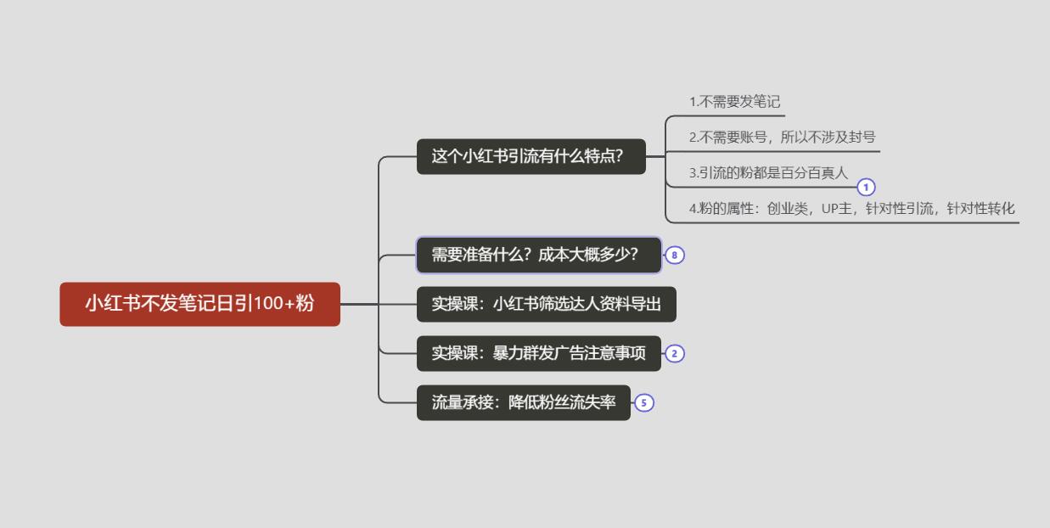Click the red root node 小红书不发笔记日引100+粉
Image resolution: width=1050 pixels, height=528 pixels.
[x=199, y=304]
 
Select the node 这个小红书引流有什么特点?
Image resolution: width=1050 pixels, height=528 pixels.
[x=531, y=156]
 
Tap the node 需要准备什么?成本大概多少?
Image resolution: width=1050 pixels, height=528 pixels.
[x=539, y=255]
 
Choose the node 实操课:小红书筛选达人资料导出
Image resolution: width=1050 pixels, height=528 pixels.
[x=547, y=304]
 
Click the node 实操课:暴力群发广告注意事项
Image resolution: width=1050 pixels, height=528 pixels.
[x=539, y=353]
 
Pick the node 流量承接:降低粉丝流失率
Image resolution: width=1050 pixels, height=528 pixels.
[x=524, y=402]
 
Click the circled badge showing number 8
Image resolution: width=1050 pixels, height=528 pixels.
[x=675, y=256]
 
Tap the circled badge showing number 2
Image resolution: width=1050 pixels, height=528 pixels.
[x=675, y=354]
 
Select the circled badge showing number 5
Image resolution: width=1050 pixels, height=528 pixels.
[x=644, y=403]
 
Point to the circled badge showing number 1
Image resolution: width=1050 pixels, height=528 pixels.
[x=866, y=188]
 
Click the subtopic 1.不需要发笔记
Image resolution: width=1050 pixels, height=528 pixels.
[x=734, y=102]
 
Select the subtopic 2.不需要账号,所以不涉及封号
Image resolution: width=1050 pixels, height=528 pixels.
[x=782, y=137]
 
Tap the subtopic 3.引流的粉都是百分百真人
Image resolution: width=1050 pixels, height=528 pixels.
[x=768, y=173]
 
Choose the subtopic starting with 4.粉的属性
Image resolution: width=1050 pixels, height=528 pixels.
[x=851, y=208]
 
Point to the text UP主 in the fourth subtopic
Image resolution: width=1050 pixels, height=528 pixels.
[x=837, y=208]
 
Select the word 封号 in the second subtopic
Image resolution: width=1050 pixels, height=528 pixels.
[x=860, y=137]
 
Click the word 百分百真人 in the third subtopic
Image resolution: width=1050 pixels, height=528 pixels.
[x=810, y=173]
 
